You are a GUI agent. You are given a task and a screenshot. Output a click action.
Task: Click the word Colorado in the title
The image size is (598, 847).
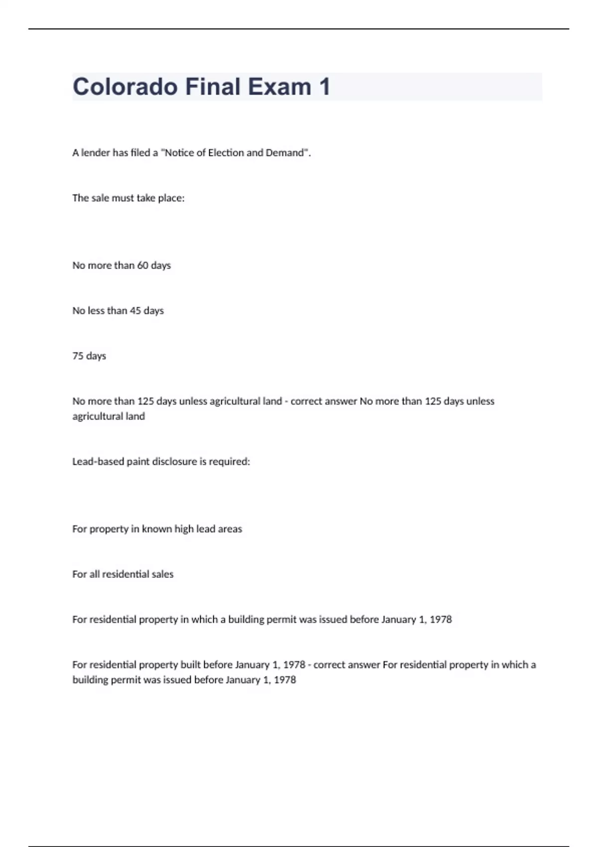coord(125,87)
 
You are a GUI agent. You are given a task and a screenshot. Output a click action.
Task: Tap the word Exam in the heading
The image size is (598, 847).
coord(279,87)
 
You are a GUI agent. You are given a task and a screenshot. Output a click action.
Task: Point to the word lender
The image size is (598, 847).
coord(95,153)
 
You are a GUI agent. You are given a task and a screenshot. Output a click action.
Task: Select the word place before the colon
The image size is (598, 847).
coord(170,198)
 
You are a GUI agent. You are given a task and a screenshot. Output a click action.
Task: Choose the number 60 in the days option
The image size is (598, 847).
coord(143,266)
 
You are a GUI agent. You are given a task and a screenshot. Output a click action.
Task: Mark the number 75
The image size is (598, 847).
coord(78,356)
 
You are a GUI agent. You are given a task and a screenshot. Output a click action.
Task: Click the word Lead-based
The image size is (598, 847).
coord(98,462)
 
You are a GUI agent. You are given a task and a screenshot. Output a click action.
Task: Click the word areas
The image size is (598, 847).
coord(230,529)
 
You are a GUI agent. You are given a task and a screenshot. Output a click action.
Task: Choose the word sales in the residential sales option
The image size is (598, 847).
coord(162,574)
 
